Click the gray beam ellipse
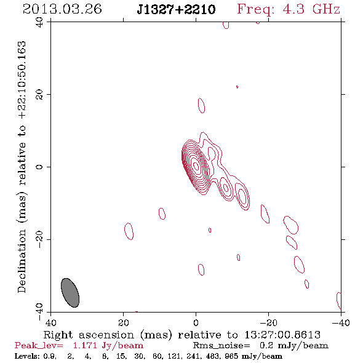(x=70, y=293)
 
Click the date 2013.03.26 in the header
(x=62, y=9)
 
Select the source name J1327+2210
(x=176, y=9)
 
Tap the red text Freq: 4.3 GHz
(x=289, y=9)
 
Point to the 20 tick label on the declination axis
(x=39, y=95)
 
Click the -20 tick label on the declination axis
(x=39, y=239)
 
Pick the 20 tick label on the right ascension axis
(x=124, y=322)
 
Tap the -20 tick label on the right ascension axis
(x=268, y=322)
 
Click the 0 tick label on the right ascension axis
(x=196, y=322)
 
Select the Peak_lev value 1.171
(x=85, y=346)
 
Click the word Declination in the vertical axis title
(x=22, y=261)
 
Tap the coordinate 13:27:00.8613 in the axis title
(x=282, y=335)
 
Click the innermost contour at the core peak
(x=196, y=166)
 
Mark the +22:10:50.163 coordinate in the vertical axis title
(x=22, y=81)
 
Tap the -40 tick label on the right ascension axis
(x=341, y=322)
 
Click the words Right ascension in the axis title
(x=89, y=335)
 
